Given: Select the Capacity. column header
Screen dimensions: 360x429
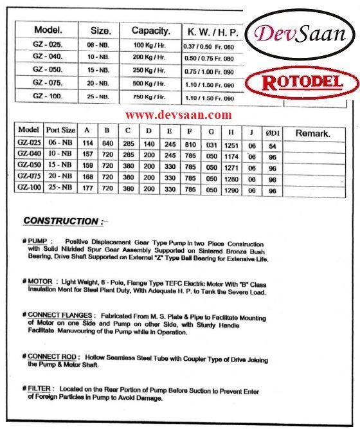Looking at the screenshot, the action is pos(151,30).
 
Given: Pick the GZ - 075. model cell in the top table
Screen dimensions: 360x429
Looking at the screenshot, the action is pos(47,84).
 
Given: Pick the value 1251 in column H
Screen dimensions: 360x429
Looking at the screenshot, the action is pos(231,143).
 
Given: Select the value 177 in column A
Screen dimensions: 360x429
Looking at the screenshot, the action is pos(88,190).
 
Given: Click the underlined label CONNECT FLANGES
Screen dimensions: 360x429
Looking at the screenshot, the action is pos(60,315).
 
